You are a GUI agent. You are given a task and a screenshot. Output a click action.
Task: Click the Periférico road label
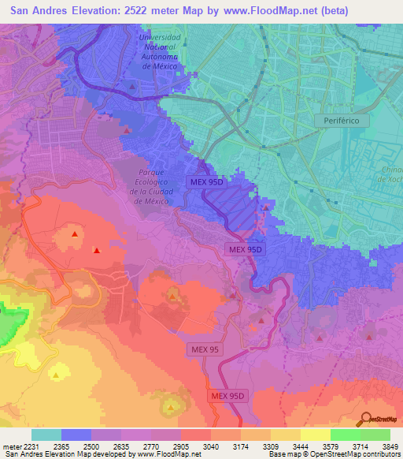342,121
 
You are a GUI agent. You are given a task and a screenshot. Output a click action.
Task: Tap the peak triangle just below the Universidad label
131,85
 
